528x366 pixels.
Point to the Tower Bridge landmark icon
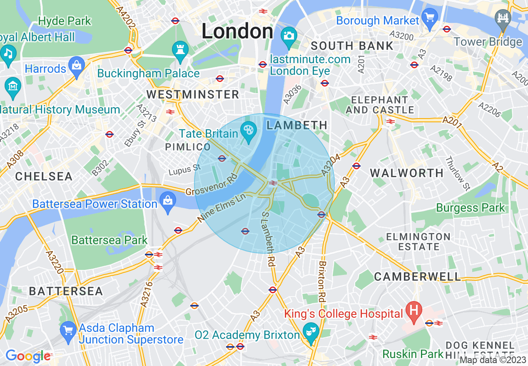503,19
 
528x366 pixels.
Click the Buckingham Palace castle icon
180,49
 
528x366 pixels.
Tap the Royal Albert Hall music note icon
7,54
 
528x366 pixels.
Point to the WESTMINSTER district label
193,94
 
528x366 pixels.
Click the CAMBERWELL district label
418,277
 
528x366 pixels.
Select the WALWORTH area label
407,173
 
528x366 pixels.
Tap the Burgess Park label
471,207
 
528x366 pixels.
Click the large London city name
237,32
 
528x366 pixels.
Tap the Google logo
27,356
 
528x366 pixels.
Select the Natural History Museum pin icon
12,86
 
